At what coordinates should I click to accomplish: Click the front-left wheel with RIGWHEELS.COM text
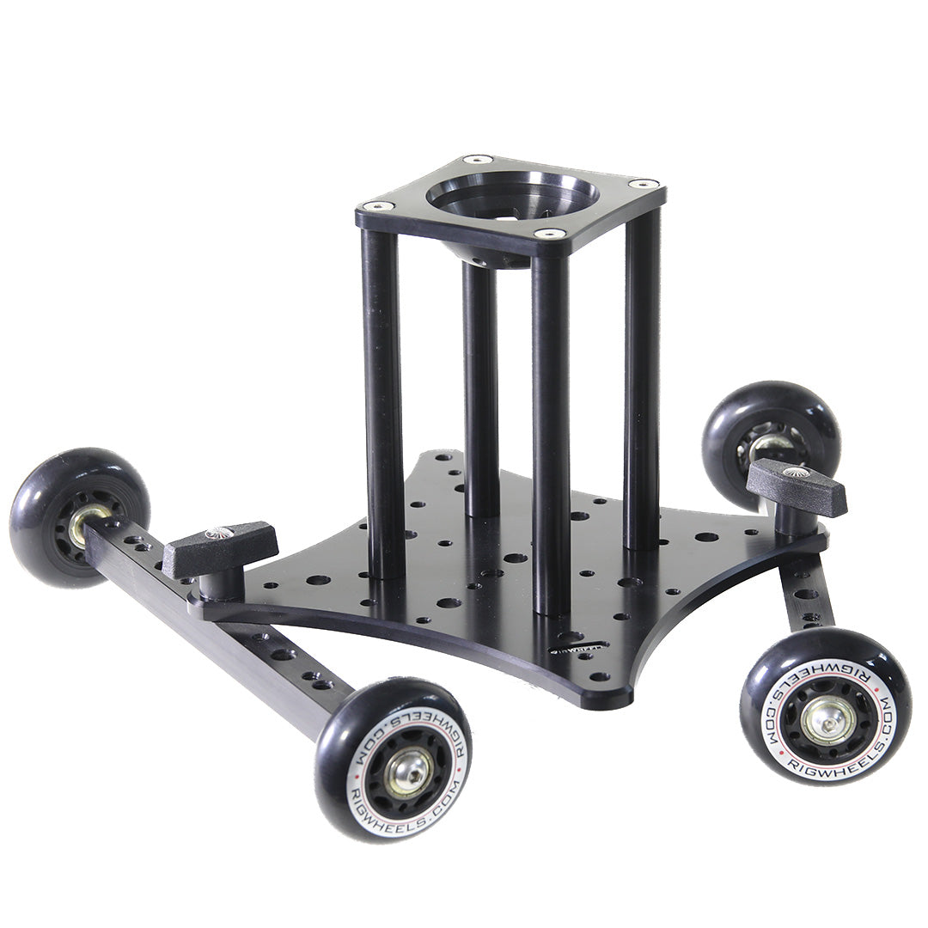click(x=394, y=758)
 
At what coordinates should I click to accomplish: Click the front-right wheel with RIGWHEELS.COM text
click(x=825, y=705)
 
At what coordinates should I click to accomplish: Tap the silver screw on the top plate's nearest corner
click(x=549, y=233)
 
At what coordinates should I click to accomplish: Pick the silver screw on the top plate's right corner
click(x=643, y=184)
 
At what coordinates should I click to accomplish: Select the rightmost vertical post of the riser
click(x=642, y=378)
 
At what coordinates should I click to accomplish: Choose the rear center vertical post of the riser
click(x=481, y=387)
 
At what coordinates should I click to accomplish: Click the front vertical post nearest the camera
click(x=550, y=430)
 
